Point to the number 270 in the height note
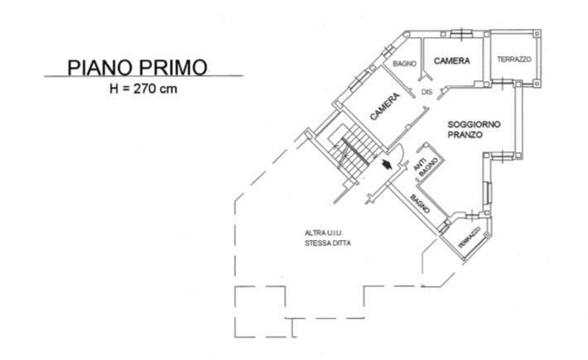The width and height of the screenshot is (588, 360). pos(152,88)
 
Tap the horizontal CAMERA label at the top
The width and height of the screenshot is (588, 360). pos(452,60)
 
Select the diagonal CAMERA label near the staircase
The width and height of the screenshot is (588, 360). pos(385,107)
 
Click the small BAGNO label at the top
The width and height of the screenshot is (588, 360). pos(404,64)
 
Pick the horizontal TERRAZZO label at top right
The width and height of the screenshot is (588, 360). pos(513,60)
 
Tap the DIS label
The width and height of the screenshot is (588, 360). pos(427,91)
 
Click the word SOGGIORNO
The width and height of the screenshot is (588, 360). pos(475,123)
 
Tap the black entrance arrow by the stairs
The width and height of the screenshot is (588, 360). pos(387,165)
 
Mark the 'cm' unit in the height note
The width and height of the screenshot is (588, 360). pos(171,88)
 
